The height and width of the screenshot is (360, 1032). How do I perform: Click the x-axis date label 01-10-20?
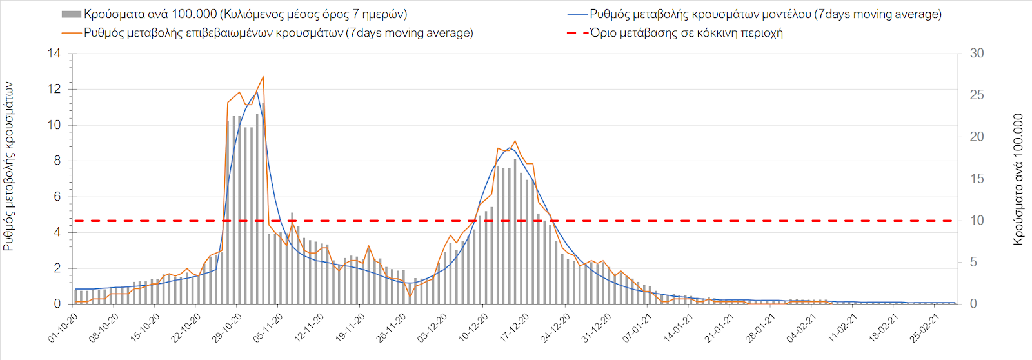pyautogui.click(x=63, y=328)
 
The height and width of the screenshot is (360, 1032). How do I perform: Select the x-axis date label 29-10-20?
pyautogui.click(x=227, y=328)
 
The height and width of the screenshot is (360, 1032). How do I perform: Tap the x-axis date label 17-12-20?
pyautogui.click(x=515, y=328)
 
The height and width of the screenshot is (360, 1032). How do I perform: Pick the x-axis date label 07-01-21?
pyautogui.click(x=638, y=328)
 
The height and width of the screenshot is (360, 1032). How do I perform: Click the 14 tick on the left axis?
pyautogui.click(x=54, y=54)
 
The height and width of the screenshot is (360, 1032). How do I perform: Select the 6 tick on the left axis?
pyautogui.click(x=57, y=197)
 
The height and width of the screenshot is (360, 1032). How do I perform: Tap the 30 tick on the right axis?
pyautogui.click(x=977, y=54)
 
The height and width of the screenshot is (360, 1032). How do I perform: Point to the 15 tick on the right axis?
pyautogui.click(x=977, y=179)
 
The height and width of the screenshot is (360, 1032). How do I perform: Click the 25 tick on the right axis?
pyautogui.click(x=977, y=95)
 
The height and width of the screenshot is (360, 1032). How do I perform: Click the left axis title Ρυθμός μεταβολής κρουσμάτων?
pyautogui.click(x=9, y=166)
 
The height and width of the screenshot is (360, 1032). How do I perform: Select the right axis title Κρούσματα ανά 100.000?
pyautogui.click(x=1018, y=179)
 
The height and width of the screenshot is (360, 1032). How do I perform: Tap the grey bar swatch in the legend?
pyautogui.click(x=71, y=14)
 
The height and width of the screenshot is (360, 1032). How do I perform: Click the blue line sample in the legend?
pyautogui.click(x=578, y=14)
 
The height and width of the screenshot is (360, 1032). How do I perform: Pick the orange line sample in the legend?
pyautogui.click(x=72, y=33)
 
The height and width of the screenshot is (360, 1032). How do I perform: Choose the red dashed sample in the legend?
pyautogui.click(x=578, y=33)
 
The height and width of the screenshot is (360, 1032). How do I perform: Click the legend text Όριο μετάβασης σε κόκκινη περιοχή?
pyautogui.click(x=686, y=33)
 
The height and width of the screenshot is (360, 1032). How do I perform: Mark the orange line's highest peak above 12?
pyautogui.click(x=263, y=77)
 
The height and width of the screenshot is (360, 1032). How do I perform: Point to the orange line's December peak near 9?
pyautogui.click(x=515, y=141)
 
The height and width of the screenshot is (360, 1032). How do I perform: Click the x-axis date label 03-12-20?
pyautogui.click(x=432, y=328)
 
